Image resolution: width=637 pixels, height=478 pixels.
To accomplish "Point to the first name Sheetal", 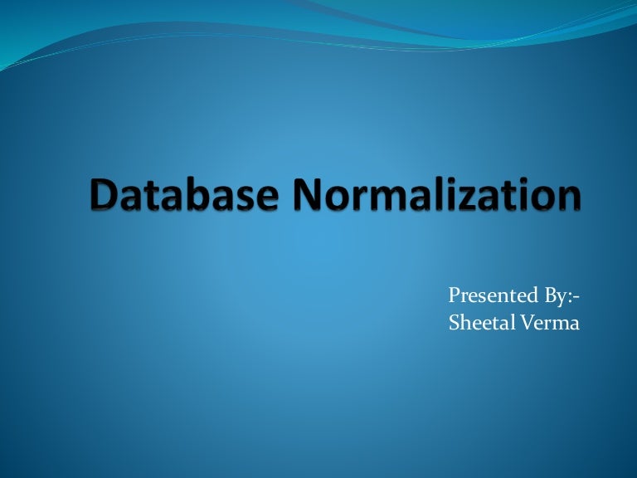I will click(x=476, y=323).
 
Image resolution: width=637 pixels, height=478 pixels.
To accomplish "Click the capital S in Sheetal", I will click(x=453, y=323).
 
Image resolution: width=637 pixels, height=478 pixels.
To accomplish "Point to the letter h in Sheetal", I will click(x=464, y=322).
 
